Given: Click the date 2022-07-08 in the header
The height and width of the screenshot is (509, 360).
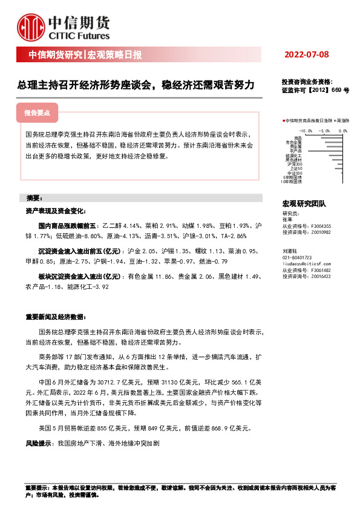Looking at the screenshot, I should (x=306, y=55).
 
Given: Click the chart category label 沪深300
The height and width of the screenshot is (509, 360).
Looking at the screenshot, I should (x=295, y=164).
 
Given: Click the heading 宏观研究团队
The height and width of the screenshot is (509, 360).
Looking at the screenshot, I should (x=304, y=204).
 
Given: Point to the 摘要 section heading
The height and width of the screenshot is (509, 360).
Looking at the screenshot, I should (x=34, y=198).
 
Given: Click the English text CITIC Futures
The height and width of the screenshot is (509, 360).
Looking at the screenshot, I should (x=79, y=36).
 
